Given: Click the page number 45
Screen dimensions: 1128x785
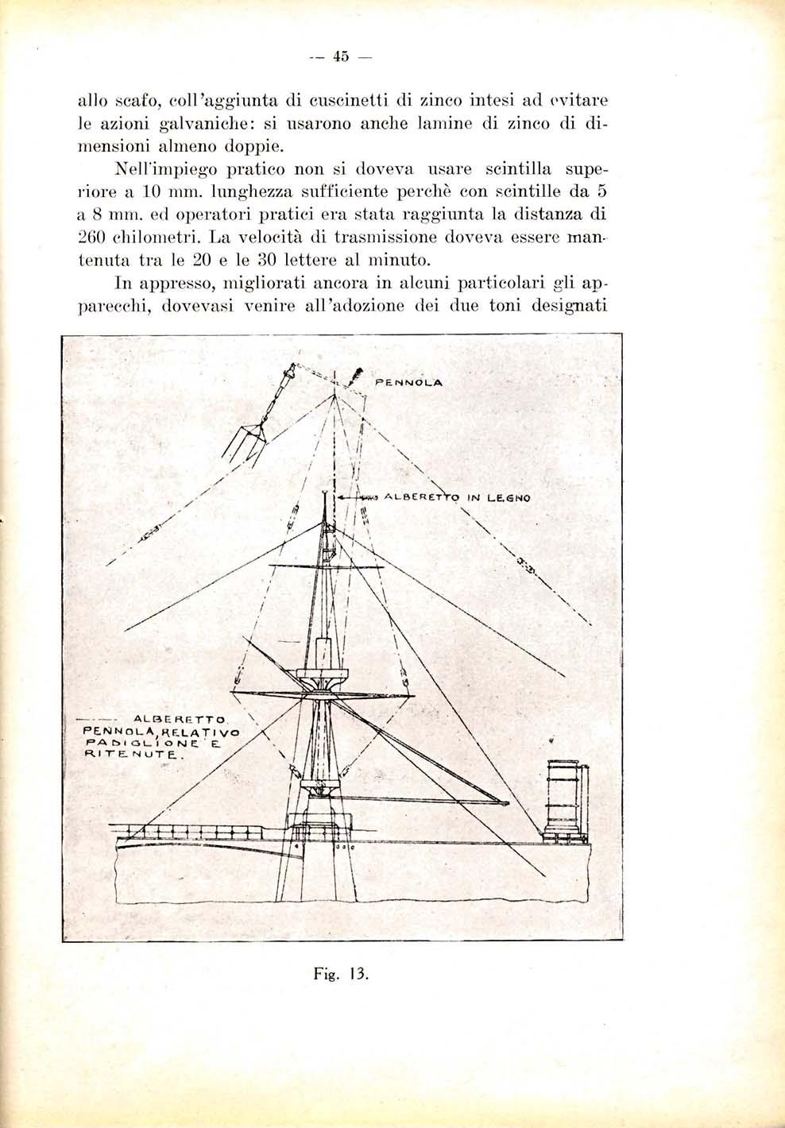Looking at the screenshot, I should click(x=342, y=56).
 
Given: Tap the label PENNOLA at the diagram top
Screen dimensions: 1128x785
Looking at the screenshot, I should click(x=406, y=381).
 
